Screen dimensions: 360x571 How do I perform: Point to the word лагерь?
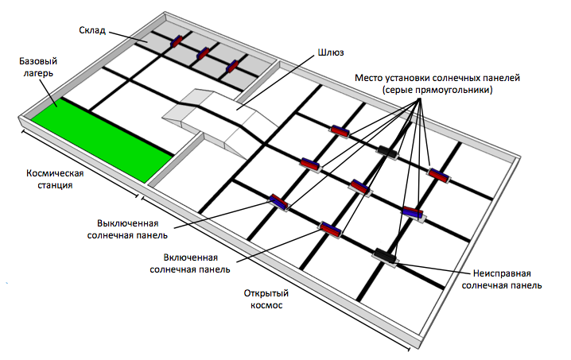click(36, 73)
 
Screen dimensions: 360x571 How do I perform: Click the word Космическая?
click(55, 173)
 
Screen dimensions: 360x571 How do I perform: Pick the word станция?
click(55, 185)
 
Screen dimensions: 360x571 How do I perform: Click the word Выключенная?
click(132, 223)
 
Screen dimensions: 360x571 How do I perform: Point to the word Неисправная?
click(503, 272)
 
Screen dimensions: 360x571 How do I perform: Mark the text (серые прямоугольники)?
click(437, 91)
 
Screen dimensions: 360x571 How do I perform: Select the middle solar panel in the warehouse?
click(204, 53)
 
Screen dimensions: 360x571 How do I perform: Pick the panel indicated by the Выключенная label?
click(279, 202)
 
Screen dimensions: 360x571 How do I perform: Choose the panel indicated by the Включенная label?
click(330, 229)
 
